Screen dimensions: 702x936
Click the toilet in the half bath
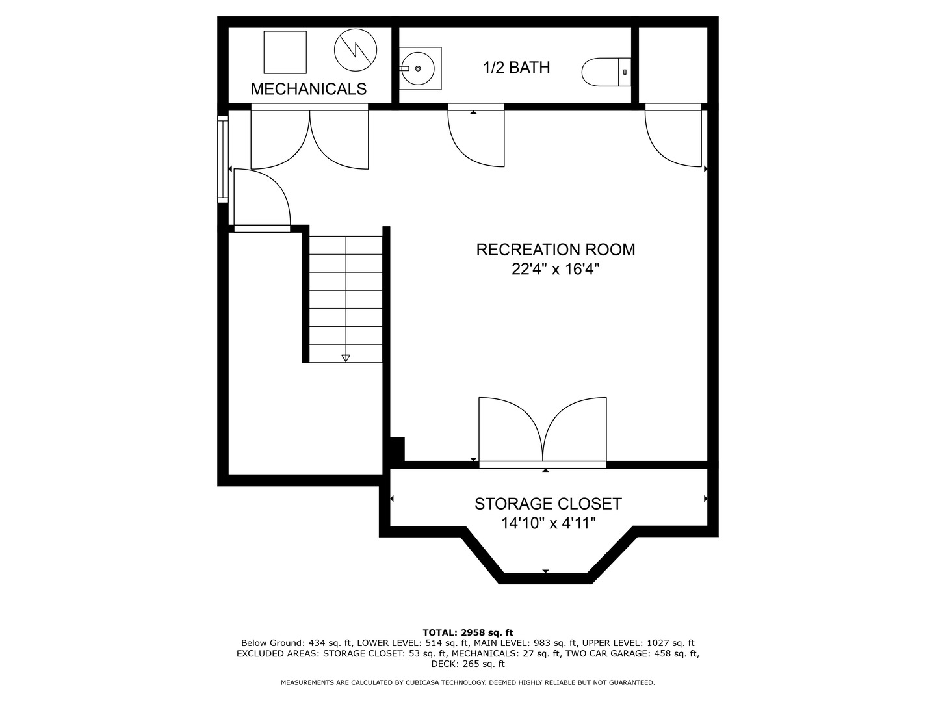click(606, 71)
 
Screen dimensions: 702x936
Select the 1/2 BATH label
click(516, 68)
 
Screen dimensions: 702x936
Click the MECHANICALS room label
click(309, 89)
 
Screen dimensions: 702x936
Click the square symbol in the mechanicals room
click(285, 52)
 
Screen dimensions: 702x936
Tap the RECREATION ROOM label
click(556, 250)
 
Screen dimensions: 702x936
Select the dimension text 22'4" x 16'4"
click(555, 269)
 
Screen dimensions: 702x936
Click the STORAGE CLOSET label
click(548, 504)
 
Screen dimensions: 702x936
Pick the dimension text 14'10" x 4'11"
click(548, 523)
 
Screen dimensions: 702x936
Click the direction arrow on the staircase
click(346, 357)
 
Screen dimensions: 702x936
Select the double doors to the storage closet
click(543, 430)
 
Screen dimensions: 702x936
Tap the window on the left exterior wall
click(223, 159)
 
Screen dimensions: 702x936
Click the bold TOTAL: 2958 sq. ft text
click(467, 632)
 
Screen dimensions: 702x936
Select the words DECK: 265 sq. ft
click(467, 664)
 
